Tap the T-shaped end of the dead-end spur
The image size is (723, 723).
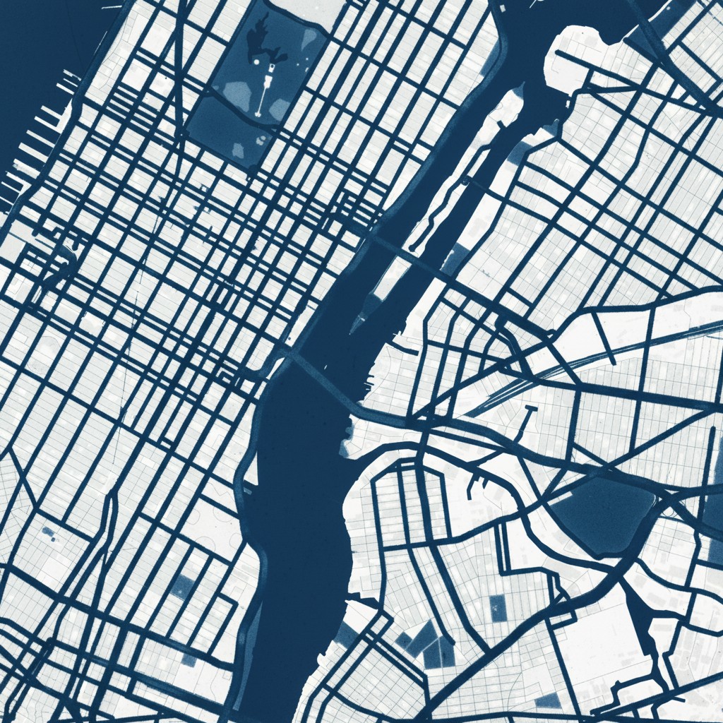tap(529, 409)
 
